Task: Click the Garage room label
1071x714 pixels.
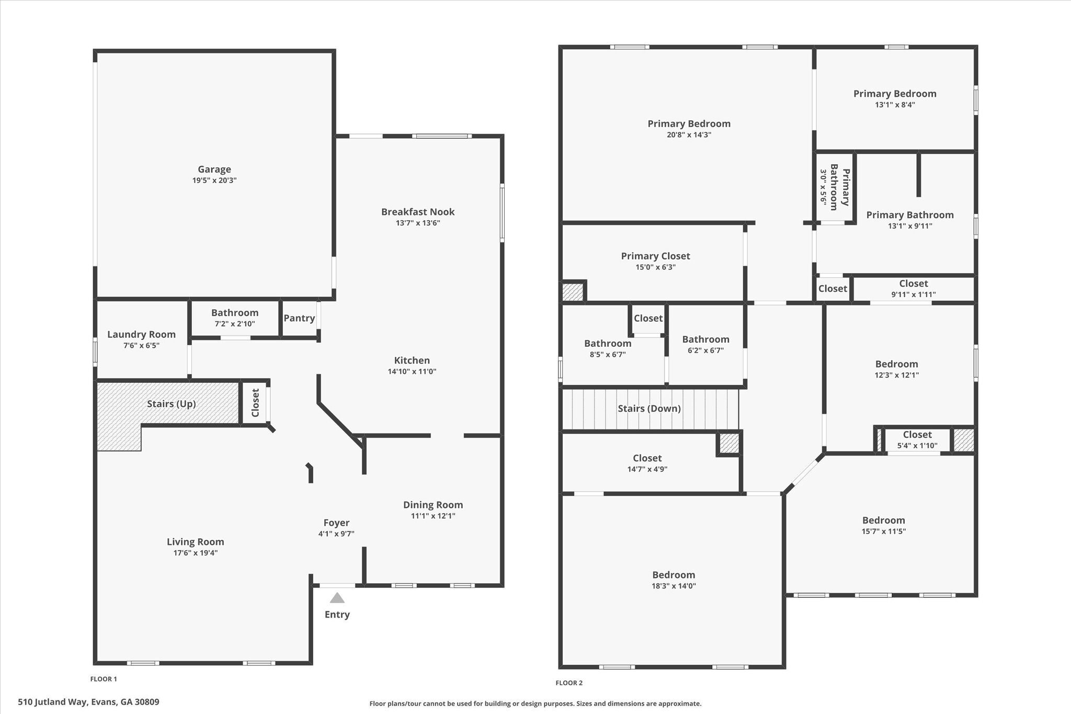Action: point(214,169)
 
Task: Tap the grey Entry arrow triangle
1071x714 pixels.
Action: point(337,598)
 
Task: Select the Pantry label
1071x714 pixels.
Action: point(299,318)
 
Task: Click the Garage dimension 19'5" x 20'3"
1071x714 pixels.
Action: point(214,180)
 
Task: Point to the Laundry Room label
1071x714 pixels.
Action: point(141,334)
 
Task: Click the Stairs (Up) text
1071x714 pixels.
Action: point(172,404)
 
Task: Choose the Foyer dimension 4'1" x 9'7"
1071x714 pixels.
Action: point(336,534)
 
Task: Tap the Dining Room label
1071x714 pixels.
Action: point(433,505)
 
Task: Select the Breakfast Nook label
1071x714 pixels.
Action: point(418,212)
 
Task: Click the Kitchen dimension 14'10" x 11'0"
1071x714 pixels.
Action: point(412,372)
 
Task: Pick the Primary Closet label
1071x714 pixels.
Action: point(655,256)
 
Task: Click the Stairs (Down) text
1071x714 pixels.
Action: point(649,409)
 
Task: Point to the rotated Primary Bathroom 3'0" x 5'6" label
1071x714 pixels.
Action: point(835,187)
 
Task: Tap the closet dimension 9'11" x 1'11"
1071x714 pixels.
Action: point(914,294)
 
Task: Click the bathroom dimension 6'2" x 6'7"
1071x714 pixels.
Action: point(705,350)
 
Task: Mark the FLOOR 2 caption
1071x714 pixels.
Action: point(569,683)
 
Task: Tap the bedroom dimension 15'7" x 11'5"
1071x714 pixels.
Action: point(883,531)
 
